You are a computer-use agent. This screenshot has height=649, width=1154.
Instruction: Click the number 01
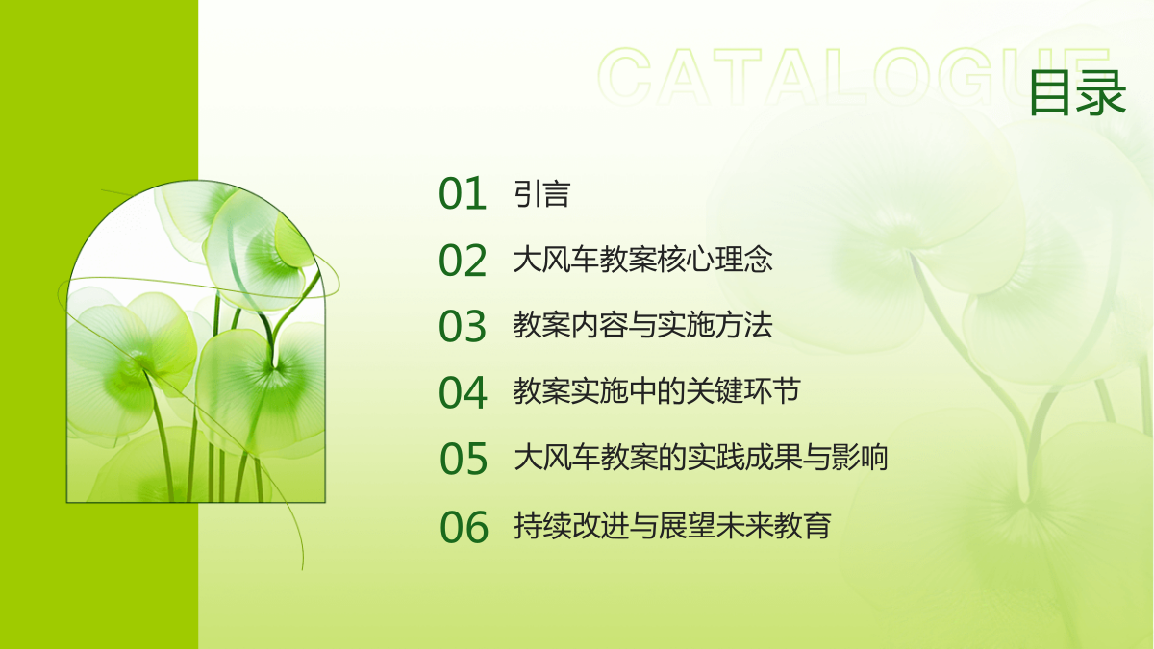tap(463, 193)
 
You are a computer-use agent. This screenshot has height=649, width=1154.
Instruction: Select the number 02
tap(463, 260)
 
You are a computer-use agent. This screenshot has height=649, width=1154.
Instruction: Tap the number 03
tap(463, 326)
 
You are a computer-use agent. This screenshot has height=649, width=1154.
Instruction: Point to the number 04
tap(463, 392)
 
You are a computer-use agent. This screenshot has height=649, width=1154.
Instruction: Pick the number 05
tap(464, 458)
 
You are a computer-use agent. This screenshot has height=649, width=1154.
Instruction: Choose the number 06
tap(464, 526)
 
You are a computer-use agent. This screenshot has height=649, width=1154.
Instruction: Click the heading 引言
tap(542, 193)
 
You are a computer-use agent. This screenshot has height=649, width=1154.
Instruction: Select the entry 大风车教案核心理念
tap(643, 259)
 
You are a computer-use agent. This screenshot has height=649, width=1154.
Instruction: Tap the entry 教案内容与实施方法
tap(643, 325)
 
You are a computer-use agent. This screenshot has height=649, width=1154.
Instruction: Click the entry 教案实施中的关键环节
tap(657, 391)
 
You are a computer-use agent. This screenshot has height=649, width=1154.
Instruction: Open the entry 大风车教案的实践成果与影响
tap(701, 457)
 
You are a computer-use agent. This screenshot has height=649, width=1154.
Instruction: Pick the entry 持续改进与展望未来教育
tap(672, 525)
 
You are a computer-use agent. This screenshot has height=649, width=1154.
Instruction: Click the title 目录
tap(1078, 92)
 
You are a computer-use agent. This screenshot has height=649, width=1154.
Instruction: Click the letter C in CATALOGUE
tap(624, 76)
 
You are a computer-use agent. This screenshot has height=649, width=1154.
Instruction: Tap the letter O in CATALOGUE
tap(904, 76)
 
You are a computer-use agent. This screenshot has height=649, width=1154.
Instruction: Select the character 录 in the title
tap(1102, 92)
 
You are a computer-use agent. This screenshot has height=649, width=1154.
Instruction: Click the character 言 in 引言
tap(557, 193)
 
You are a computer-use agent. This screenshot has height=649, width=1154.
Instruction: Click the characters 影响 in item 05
tap(860, 457)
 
